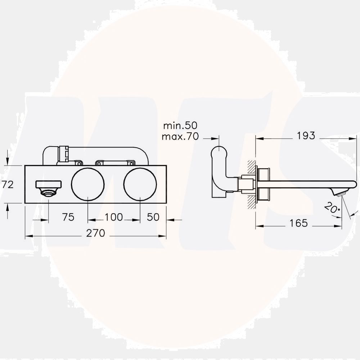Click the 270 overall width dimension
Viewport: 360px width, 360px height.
pyautogui.click(x=95, y=233)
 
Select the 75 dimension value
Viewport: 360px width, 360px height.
pyautogui.click(x=68, y=217)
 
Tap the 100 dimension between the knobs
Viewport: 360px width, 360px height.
pyautogui.click(x=114, y=217)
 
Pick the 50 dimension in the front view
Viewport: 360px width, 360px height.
pyautogui.click(x=153, y=217)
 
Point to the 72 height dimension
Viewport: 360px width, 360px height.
pyautogui.click(x=8, y=185)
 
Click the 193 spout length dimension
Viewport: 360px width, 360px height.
pyautogui.click(x=306, y=136)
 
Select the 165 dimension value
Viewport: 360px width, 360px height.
pyautogui.click(x=298, y=223)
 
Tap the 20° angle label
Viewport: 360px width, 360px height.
pyautogui.click(x=332, y=208)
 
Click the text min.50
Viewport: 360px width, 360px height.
pyautogui.click(x=180, y=126)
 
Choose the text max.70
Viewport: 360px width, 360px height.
pyautogui.click(x=180, y=136)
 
